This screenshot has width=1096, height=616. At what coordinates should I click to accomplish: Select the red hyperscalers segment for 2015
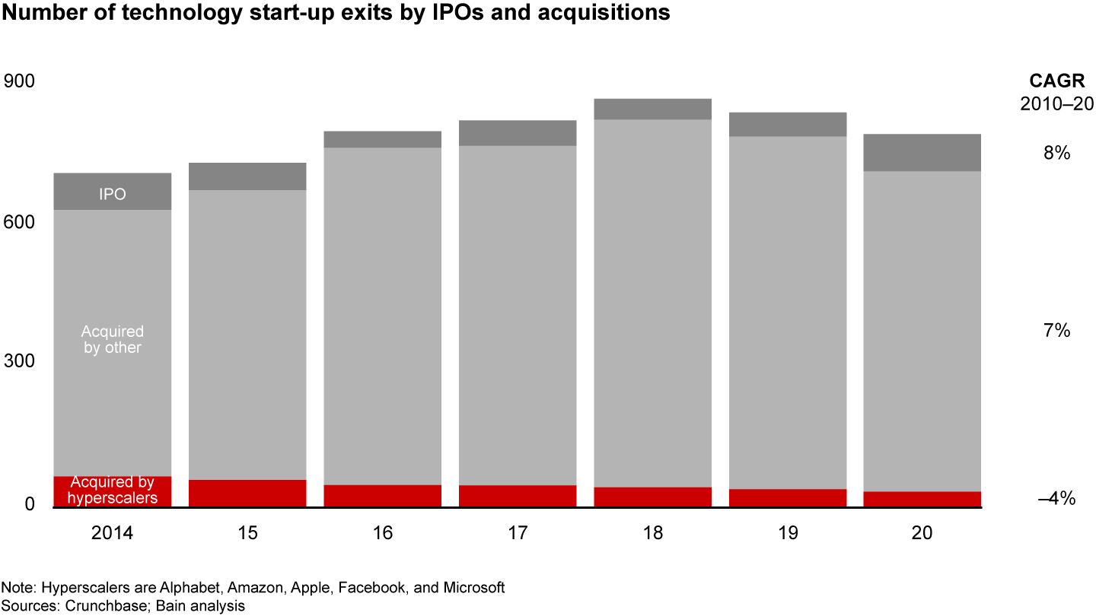[247, 493]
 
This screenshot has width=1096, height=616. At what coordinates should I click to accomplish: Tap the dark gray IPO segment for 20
[922, 153]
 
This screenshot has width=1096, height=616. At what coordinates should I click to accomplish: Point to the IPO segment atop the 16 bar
[383, 139]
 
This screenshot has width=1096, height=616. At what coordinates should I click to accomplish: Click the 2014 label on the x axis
[112, 533]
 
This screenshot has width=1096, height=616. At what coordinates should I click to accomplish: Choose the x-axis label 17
[518, 533]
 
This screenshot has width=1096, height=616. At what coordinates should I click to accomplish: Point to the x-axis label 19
[788, 533]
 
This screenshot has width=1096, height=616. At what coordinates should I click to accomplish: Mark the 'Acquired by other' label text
[112, 340]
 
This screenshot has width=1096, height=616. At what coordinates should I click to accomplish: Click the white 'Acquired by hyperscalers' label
[113, 491]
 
